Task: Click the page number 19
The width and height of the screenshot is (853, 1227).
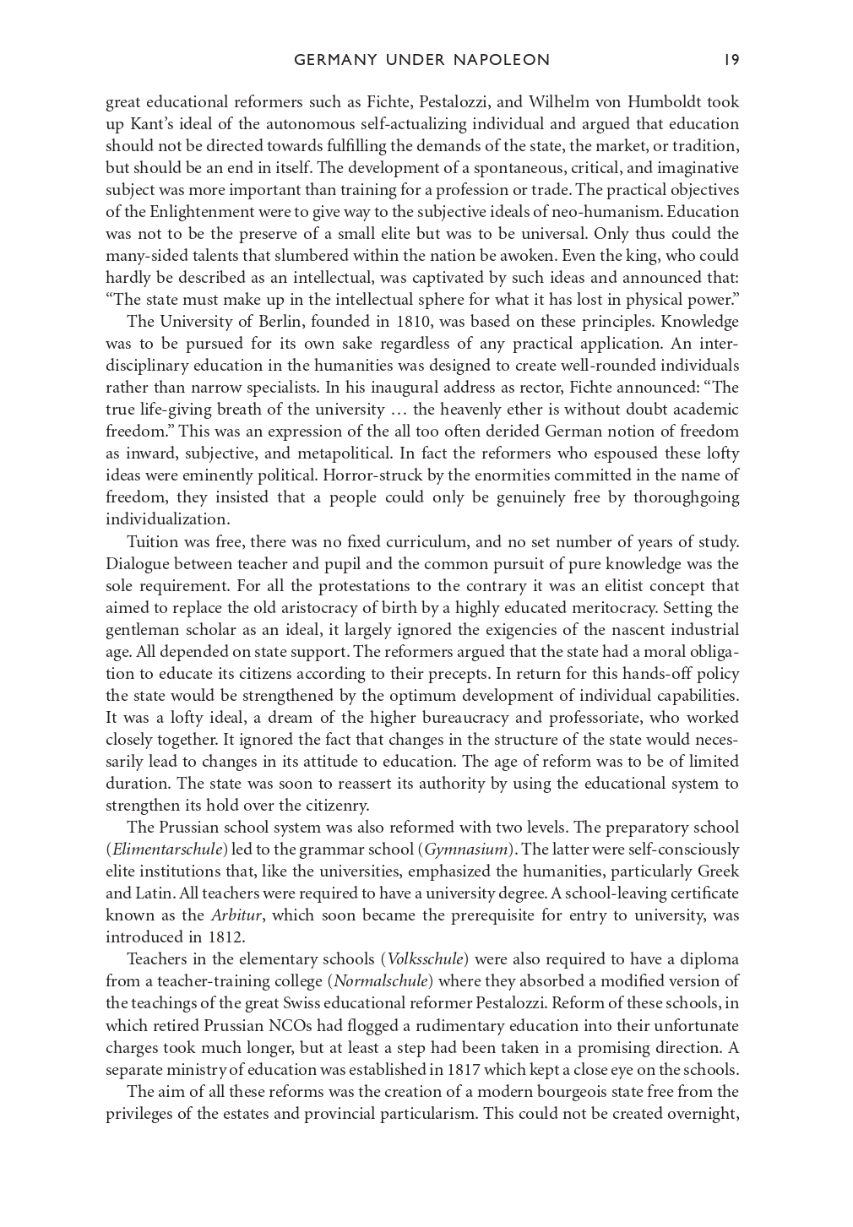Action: [x=731, y=60]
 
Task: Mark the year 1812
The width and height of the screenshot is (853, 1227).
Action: [x=226, y=937]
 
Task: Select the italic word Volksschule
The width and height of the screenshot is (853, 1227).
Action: [x=425, y=959]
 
